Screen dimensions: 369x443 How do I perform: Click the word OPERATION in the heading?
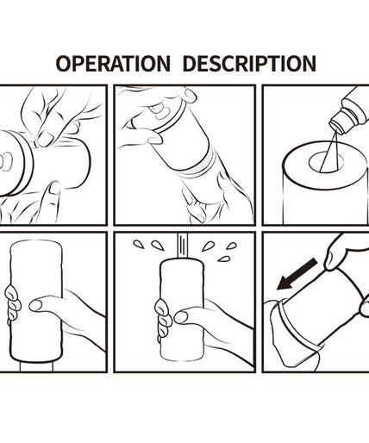pyautogui.click(x=113, y=63)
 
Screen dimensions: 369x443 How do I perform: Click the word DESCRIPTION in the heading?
pyautogui.click(x=249, y=63)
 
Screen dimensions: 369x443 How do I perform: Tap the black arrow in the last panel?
pyautogui.click(x=297, y=274)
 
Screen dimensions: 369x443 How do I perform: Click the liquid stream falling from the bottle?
pyautogui.click(x=329, y=153)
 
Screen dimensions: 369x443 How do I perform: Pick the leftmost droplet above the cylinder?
pyautogui.click(x=139, y=245)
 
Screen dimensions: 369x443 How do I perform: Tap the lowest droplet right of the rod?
pyautogui.click(x=224, y=259)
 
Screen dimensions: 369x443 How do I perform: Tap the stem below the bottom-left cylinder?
pyautogui.click(x=36, y=366)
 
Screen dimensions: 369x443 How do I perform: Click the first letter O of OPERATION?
pyautogui.click(x=63, y=63)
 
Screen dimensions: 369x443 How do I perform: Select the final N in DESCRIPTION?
pyautogui.click(x=309, y=63)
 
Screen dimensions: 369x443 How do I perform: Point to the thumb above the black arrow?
pyautogui.click(x=334, y=257)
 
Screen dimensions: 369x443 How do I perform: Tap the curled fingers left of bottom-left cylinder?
pyautogui.click(x=13, y=303)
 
